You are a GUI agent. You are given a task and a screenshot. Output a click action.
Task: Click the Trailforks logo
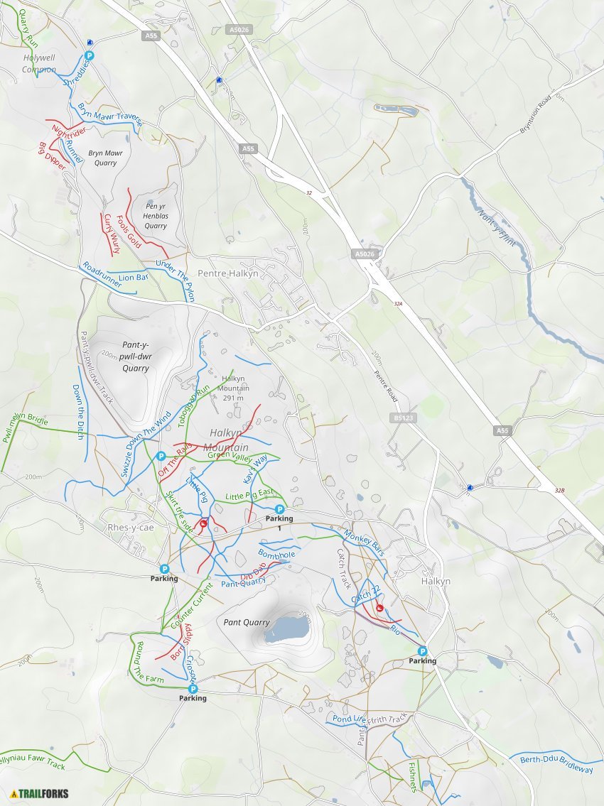(40, 793)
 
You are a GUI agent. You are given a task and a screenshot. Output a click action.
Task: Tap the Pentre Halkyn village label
(228, 273)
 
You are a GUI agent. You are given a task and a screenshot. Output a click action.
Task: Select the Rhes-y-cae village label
(130, 528)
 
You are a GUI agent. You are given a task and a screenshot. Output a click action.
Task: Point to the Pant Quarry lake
(287, 628)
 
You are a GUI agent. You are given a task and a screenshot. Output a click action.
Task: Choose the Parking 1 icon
(279, 509)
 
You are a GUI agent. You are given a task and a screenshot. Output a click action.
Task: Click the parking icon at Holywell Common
(90, 55)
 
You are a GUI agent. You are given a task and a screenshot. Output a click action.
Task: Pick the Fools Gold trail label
(129, 232)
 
